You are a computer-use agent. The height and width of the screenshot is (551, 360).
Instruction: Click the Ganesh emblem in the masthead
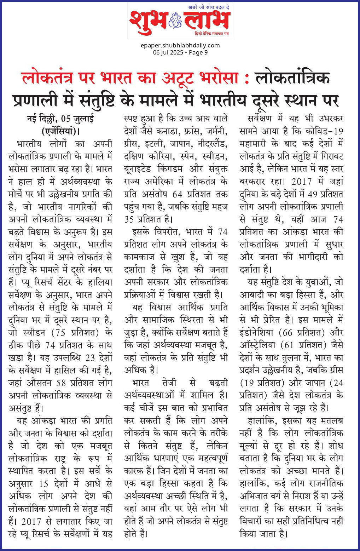pyautogui.click(x=175, y=20)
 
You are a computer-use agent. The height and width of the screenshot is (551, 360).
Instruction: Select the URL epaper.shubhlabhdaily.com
pyautogui.click(x=180, y=45)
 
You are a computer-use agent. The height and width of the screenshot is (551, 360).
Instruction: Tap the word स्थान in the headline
pyautogui.click(x=298, y=101)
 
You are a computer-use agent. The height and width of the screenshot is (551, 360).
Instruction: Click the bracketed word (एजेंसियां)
pyautogui.click(x=60, y=131)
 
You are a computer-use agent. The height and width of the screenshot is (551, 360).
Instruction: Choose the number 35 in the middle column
pyautogui.click(x=129, y=219)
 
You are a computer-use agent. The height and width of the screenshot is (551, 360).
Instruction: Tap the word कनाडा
pyautogui.click(x=170, y=131)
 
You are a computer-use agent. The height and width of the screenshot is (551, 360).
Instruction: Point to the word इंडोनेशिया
pyautogui.click(x=257, y=333)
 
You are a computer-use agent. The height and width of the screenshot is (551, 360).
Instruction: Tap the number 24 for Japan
pyautogui.click(x=338, y=383)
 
